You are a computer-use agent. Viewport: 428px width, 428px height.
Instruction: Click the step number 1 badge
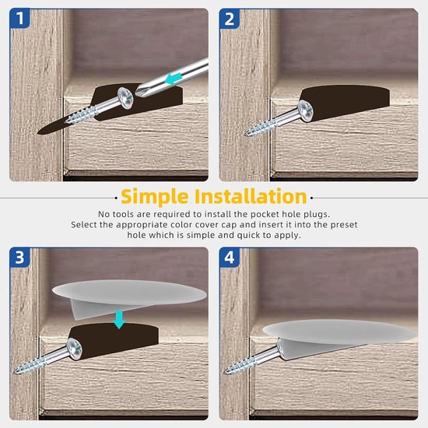point(19,19)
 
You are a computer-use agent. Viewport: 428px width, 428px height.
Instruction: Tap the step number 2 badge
point(230,19)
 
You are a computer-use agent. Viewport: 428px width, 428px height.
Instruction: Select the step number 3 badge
point(19,257)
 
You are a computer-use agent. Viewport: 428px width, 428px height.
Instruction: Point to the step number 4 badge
point(230,257)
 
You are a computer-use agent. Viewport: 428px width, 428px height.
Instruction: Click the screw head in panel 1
point(126,98)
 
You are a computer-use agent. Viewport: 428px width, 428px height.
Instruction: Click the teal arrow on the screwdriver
point(173,79)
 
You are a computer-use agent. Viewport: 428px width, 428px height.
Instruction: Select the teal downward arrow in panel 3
point(119,320)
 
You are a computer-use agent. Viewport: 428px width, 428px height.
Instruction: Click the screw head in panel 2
point(306,111)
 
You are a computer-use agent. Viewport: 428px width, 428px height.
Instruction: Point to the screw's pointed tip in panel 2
point(245,134)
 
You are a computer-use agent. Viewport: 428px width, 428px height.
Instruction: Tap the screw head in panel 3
point(74,349)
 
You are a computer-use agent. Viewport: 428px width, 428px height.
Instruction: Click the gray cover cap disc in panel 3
point(129,292)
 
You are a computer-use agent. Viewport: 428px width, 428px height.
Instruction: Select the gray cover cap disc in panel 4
point(340,332)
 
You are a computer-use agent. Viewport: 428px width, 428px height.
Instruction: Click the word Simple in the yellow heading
point(155,197)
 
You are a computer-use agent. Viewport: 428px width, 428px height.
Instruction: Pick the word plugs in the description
point(317,215)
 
